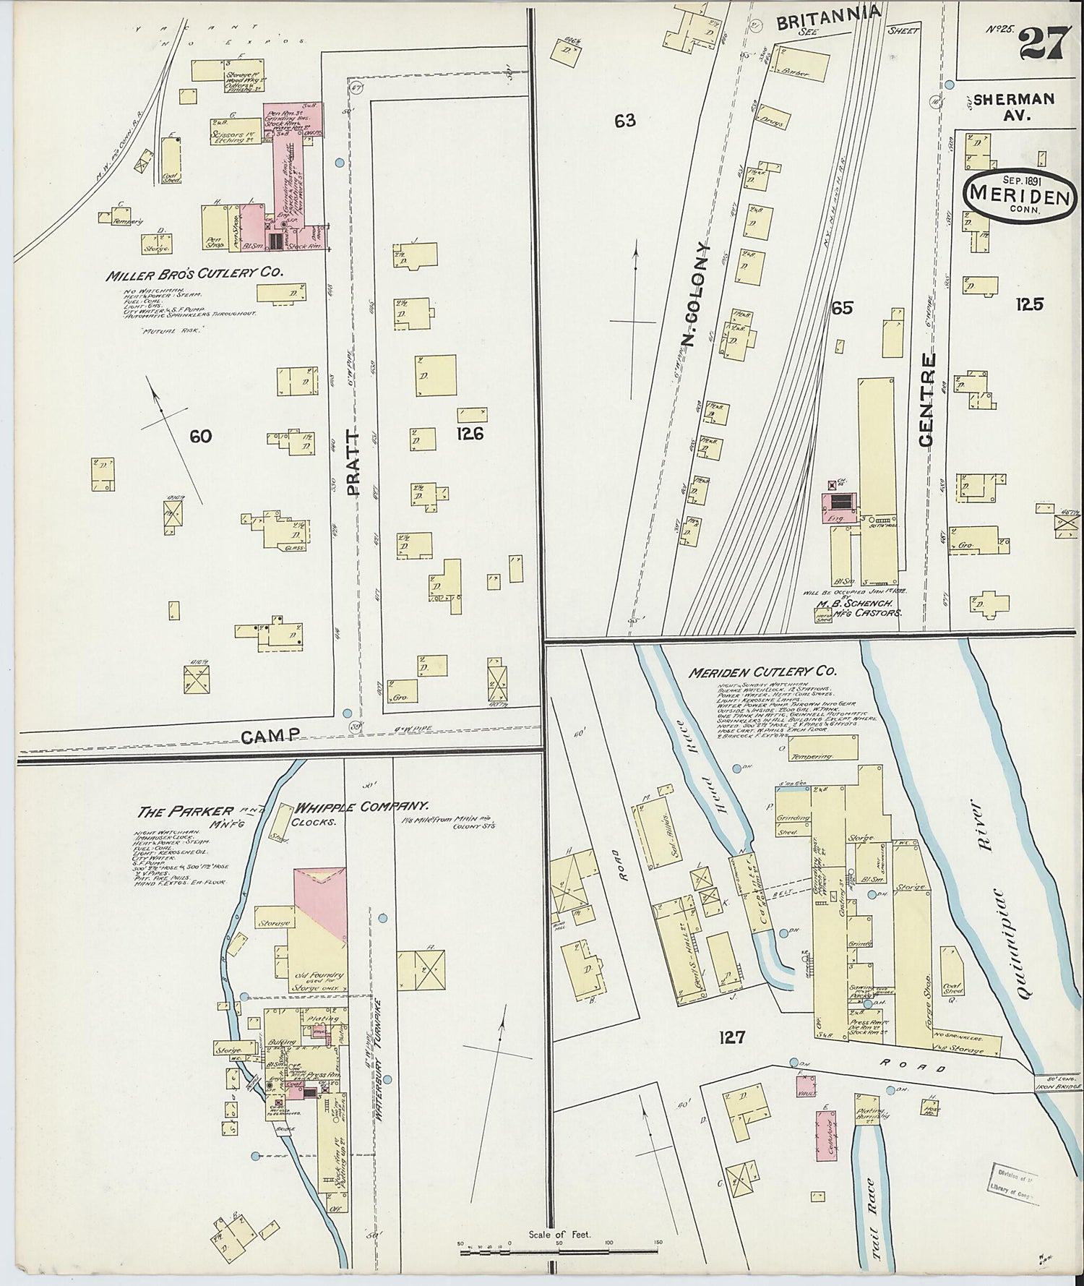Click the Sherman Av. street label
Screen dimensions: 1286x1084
pyautogui.click(x=1014, y=106)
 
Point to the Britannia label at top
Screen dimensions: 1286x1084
pyautogui.click(x=828, y=15)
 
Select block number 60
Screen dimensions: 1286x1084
pyautogui.click(x=200, y=436)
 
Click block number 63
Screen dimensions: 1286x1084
pyautogui.click(x=625, y=121)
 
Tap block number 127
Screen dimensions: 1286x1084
pyautogui.click(x=731, y=1038)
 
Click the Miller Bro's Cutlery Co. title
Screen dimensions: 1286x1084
pyautogui.click(x=194, y=275)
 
